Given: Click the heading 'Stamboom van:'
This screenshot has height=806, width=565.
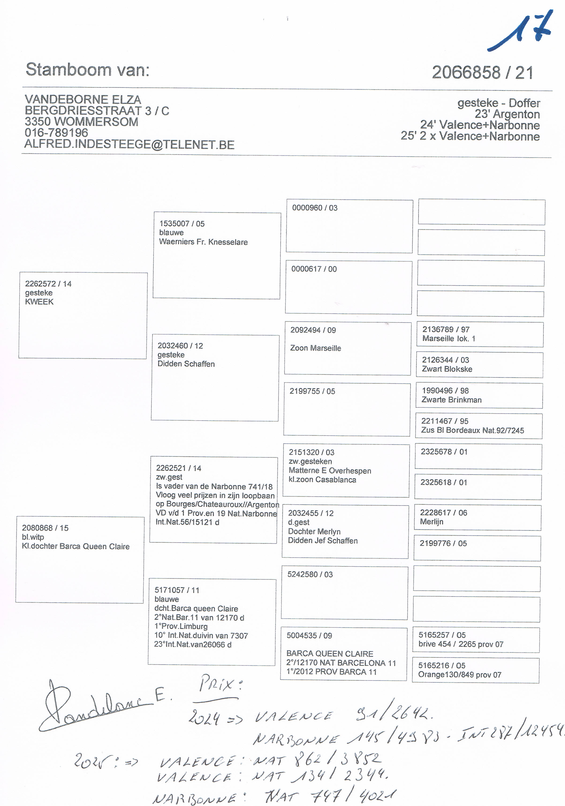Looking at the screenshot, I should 88,70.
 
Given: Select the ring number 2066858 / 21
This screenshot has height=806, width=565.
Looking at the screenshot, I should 482,73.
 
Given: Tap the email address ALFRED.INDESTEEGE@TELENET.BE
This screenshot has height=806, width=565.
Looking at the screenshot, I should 129,145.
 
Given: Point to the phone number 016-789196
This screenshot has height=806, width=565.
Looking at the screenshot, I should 56,133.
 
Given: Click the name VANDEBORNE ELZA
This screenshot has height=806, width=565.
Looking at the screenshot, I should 83,100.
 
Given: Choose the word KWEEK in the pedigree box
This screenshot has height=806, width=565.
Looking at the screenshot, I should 39,302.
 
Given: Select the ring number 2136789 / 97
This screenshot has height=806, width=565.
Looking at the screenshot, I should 446,329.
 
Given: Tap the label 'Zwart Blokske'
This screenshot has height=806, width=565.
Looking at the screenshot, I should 447,369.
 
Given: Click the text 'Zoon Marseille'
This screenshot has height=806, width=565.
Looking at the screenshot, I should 315,348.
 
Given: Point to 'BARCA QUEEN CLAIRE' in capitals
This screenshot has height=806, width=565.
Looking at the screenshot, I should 330,654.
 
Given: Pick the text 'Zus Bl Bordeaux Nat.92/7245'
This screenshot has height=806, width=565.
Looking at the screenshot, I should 472,430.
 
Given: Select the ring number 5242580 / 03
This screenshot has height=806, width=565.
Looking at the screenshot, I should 310,574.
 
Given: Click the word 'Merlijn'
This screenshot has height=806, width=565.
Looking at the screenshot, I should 431,522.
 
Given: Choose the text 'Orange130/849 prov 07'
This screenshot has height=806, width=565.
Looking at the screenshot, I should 459,675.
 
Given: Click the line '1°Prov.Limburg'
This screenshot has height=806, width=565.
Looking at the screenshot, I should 181,626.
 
